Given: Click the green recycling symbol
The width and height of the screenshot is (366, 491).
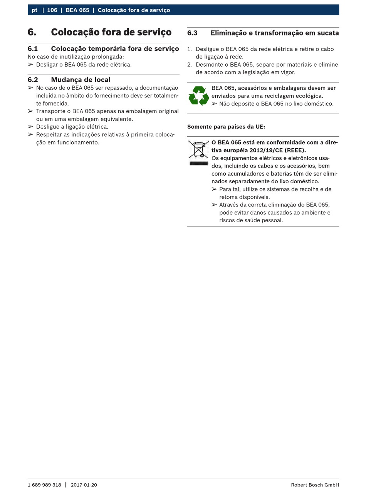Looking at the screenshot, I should [x=199, y=96].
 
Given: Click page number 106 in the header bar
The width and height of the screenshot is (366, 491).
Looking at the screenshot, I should [x=52, y=10].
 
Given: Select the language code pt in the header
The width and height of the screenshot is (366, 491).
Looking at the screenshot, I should [x=34, y=10].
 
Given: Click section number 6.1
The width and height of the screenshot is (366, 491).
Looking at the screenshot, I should [x=33, y=49].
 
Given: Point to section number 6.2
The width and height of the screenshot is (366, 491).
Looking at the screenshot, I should [x=33, y=80].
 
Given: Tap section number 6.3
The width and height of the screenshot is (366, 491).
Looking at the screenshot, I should [x=192, y=33].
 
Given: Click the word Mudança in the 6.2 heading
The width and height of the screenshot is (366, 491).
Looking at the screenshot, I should [x=66, y=80].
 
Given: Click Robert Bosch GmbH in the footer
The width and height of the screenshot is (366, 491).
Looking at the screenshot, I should [x=315, y=485].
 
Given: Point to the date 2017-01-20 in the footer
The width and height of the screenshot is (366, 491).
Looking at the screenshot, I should [x=84, y=485].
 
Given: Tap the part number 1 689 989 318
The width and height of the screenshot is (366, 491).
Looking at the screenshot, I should [x=44, y=485].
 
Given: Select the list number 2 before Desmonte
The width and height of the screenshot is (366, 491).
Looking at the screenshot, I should [x=189, y=65].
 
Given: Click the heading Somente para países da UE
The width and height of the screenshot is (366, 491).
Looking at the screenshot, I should [x=226, y=127].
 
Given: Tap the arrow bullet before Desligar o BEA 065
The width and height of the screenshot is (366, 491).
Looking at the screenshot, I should [x=30, y=65].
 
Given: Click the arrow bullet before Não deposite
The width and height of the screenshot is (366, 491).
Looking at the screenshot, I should [x=214, y=104].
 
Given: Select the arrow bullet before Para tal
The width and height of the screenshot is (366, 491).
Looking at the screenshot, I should [x=214, y=189].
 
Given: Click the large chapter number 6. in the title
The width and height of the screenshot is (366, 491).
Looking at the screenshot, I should [x=32, y=32].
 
